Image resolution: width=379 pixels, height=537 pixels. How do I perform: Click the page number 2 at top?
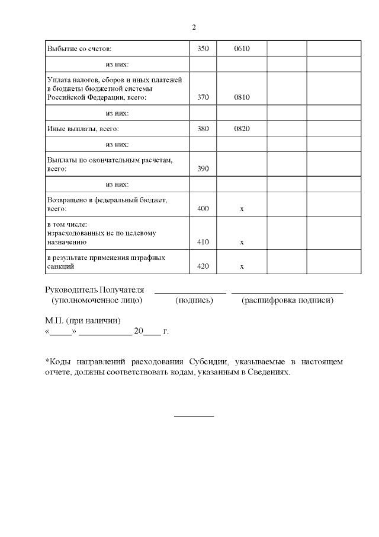coord(194,27)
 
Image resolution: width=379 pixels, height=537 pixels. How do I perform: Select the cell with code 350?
coord(203,48)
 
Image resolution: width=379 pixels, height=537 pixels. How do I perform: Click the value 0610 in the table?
coord(242,48)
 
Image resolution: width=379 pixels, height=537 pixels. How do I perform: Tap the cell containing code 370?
coord(203,97)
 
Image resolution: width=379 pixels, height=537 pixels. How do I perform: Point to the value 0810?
coord(242,97)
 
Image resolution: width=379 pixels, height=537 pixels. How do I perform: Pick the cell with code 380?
coord(203,128)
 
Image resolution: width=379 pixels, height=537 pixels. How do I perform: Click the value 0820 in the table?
coord(242,128)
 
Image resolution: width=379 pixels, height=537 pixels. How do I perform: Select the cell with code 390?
coord(203,169)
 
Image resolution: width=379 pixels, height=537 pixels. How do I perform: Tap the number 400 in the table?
coord(203,209)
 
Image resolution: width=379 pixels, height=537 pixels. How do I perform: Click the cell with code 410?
coord(203,242)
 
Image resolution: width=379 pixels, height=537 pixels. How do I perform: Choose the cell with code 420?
coord(203,267)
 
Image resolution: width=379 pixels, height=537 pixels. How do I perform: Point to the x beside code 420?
coord(242,267)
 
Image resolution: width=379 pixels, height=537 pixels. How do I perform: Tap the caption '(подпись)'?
coord(194,301)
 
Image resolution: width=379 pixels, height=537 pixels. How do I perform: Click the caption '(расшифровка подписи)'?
coord(287,301)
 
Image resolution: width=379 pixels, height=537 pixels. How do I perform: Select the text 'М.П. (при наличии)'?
coord(82,320)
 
